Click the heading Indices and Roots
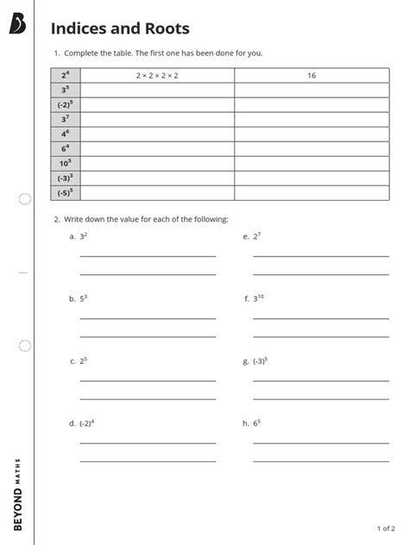pyautogui.click(x=120, y=28)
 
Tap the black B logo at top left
pyautogui.click(x=18, y=26)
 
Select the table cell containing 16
pyautogui.click(x=311, y=76)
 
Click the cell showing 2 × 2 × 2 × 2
pyautogui.click(x=157, y=76)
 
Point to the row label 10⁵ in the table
pyautogui.click(x=65, y=164)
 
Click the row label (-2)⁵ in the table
pyautogui.click(x=65, y=105)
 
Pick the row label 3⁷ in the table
pyautogui.click(x=65, y=120)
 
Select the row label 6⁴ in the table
pyautogui.click(x=65, y=149)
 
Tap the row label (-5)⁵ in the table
pyautogui.click(x=65, y=193)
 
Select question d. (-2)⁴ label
pyautogui.click(x=81, y=423)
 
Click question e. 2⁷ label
pyautogui.click(x=252, y=235)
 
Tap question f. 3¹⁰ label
pyautogui.click(x=254, y=298)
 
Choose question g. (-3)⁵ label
pyautogui.click(x=255, y=360)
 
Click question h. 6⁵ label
pyautogui.click(x=252, y=423)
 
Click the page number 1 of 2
pyautogui.click(x=386, y=528)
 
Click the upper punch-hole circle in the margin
pyautogui.click(x=25, y=199)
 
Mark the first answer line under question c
pyautogui.click(x=148, y=381)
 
